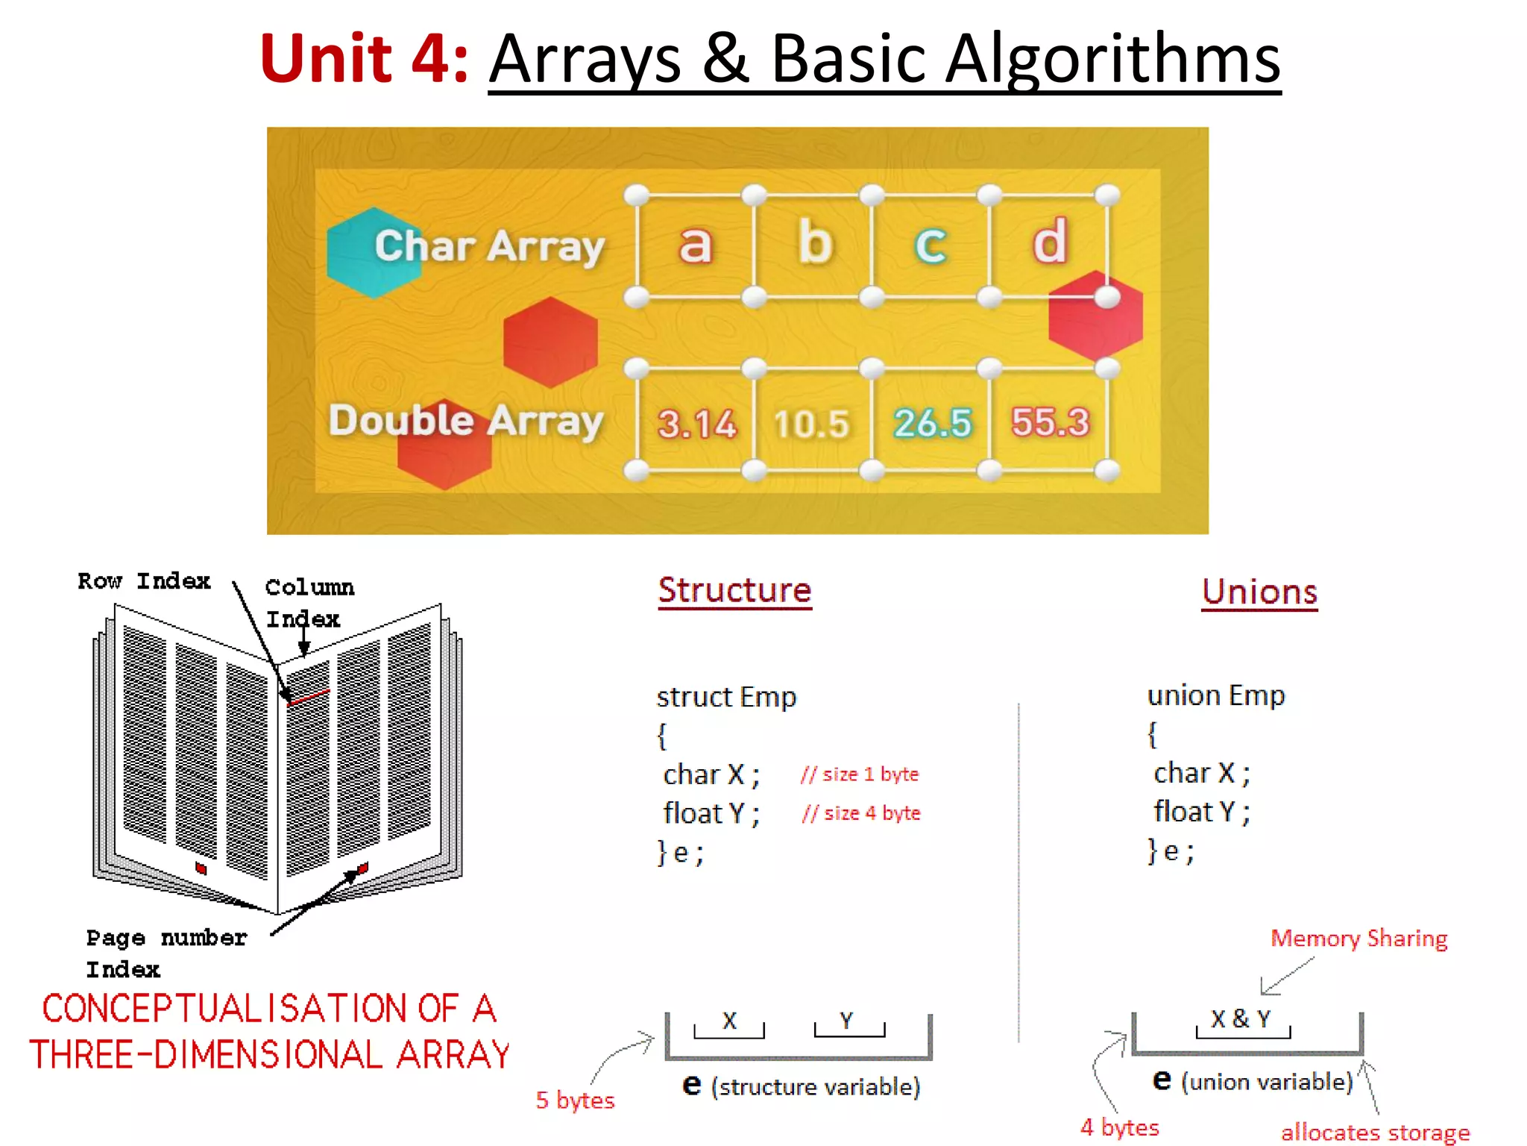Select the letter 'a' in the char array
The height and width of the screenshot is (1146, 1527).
695,244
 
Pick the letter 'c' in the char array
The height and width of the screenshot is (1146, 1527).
931,244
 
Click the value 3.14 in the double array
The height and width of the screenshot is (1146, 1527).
696,424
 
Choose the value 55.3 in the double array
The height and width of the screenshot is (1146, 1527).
1050,422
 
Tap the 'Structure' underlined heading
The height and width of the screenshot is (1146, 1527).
734,590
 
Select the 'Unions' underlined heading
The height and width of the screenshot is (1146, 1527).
1259,592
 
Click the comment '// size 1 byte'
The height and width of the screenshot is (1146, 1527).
860,774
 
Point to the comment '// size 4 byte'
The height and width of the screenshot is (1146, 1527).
861,813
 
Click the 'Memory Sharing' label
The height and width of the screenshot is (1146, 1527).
1358,938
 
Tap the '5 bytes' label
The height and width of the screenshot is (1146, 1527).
575,1100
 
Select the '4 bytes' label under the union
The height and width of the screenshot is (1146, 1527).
1119,1127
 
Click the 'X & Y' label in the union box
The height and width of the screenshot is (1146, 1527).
1241,1019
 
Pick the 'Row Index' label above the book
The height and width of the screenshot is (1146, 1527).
144,581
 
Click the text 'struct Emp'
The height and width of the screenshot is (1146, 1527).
726,697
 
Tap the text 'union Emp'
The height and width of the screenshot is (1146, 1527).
1216,695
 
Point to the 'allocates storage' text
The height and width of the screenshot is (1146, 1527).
1375,1133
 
